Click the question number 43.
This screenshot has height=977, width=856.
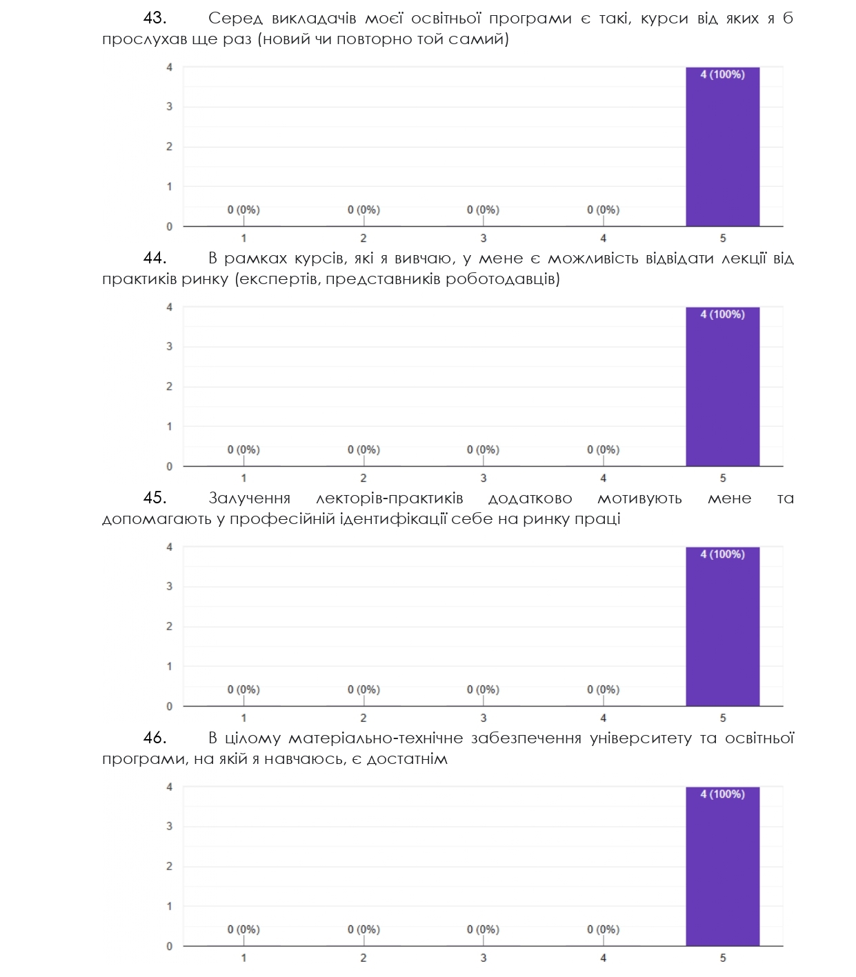coord(155,19)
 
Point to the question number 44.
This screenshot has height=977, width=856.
coord(155,259)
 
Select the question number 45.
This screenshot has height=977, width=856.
coord(155,498)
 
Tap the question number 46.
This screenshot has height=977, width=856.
coord(155,738)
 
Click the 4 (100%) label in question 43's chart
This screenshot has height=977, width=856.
coord(722,74)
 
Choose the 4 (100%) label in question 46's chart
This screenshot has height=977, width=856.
coord(722,794)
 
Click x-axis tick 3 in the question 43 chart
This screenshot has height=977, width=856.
coord(483,239)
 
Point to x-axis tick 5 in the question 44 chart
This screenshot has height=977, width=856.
coord(723,479)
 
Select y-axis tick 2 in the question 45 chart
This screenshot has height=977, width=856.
coord(169,627)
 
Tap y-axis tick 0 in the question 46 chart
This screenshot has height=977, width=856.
coord(169,947)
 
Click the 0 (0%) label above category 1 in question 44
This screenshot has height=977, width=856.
coord(243,450)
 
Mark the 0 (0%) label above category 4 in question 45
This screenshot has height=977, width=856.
coord(603,690)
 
